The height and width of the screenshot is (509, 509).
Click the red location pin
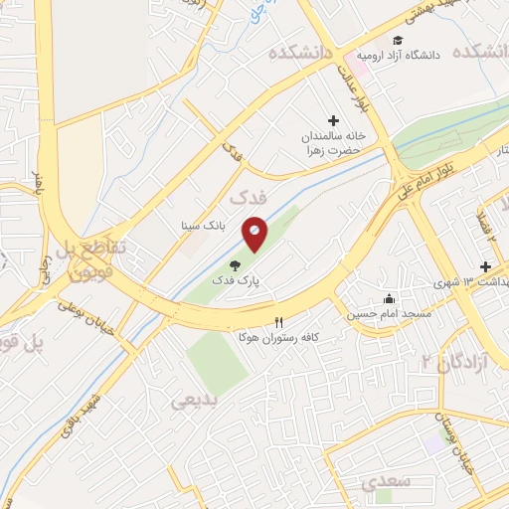pyautogui.click(x=254, y=235)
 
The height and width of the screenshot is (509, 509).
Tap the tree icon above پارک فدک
pyautogui.click(x=235, y=265)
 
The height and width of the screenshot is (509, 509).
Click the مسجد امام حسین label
pyautogui.click(x=389, y=314)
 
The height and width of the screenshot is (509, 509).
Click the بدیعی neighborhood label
pyautogui.click(x=194, y=401)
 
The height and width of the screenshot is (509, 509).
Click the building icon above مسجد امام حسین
pyautogui.click(x=389, y=299)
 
